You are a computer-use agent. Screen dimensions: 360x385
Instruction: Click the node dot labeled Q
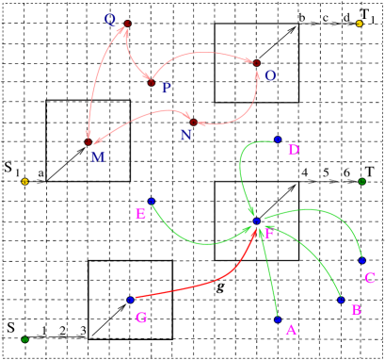coord(127,24)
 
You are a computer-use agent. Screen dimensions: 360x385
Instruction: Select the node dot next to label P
coord(150,82)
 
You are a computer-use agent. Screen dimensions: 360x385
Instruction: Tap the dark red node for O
coord(256,63)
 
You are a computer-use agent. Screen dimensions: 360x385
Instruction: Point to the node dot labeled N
coord(193,123)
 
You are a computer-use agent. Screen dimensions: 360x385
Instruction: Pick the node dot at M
coord(88,142)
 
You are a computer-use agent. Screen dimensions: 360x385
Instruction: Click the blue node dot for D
coord(278,139)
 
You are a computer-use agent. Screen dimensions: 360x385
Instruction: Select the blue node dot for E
coord(151,201)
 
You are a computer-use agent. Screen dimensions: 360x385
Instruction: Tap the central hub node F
coord(256,221)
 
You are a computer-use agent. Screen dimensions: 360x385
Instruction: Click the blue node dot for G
coord(130,300)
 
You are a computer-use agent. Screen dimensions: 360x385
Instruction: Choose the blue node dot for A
coord(278,319)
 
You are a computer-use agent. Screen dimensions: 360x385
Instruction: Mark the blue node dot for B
coord(341,300)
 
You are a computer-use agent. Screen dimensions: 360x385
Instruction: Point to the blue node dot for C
coord(361,260)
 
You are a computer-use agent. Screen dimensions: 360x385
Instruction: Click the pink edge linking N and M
coord(141,117)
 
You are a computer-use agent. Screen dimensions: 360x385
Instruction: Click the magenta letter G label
coord(141,318)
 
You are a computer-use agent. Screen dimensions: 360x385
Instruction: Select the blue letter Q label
coord(110,19)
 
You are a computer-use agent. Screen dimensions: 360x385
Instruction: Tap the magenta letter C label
coord(369,278)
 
